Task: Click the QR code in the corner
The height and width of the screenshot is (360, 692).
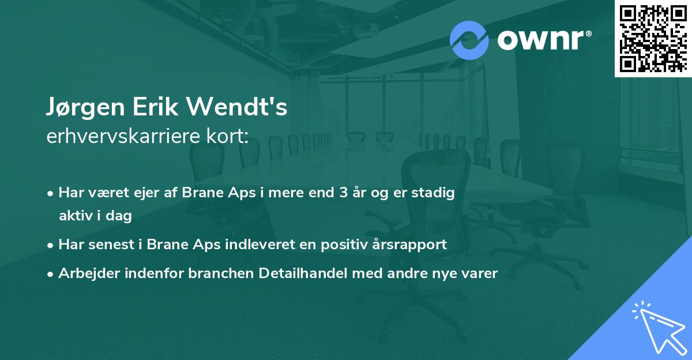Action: pos(653,38)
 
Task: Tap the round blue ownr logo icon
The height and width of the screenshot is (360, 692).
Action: pos(469,40)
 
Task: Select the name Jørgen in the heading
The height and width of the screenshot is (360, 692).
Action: pos(84,108)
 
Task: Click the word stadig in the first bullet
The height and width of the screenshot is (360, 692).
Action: pos(435,193)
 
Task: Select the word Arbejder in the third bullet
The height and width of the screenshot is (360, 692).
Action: pos(84,273)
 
